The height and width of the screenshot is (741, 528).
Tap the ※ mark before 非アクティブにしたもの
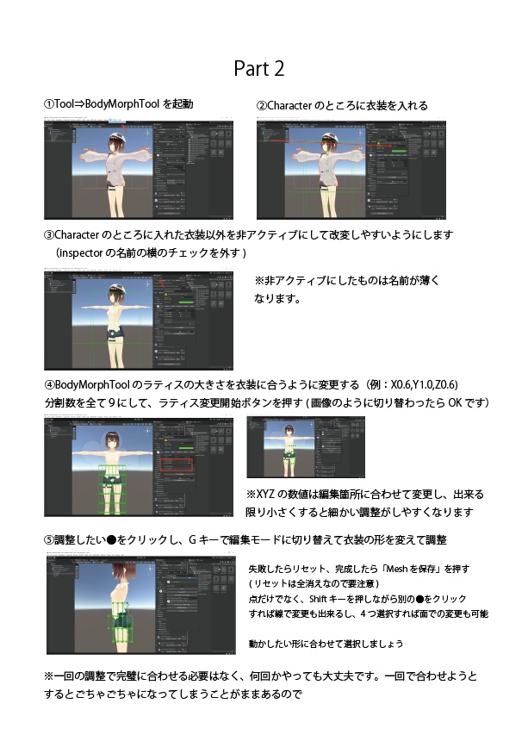tap(259, 281)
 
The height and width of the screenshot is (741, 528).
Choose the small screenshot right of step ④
tap(305, 446)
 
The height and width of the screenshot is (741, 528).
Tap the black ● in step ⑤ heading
tap(110, 540)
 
